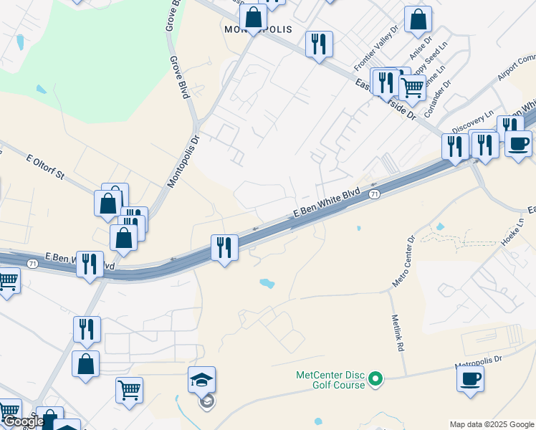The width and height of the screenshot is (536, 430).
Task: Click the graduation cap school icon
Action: click(201, 380)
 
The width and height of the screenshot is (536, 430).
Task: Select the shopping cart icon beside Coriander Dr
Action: click(411, 87)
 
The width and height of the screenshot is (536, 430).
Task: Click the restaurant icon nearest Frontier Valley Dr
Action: click(319, 44)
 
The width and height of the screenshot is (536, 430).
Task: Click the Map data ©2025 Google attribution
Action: click(492, 424)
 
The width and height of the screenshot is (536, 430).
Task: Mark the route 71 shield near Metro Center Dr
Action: click(373, 194)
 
